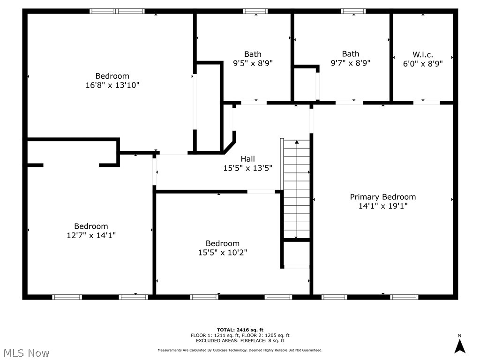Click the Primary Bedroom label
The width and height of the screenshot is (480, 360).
point(382,197)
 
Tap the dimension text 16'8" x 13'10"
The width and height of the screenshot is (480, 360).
point(112,85)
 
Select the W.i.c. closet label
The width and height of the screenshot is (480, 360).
point(422,54)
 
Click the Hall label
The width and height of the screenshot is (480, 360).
point(247,159)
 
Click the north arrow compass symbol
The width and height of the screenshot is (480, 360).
point(460,345)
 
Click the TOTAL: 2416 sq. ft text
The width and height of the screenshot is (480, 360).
point(240,330)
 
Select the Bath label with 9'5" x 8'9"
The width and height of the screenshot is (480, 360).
point(253,54)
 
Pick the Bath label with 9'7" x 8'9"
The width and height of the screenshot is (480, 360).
point(350,53)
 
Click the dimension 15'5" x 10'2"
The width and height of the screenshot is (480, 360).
point(222,252)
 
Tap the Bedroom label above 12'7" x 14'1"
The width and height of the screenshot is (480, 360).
point(91,226)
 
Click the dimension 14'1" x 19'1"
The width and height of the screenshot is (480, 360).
point(382,206)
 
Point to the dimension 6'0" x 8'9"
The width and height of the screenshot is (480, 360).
point(422,63)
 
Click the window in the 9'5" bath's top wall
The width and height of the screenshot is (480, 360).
point(255,11)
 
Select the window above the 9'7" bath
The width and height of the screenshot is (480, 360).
point(353,11)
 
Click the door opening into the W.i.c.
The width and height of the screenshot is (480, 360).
point(426,103)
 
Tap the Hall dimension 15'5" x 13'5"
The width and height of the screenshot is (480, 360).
point(247,168)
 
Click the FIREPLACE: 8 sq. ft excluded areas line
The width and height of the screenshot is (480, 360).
point(240,341)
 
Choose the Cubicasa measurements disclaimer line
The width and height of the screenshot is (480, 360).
point(240,350)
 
